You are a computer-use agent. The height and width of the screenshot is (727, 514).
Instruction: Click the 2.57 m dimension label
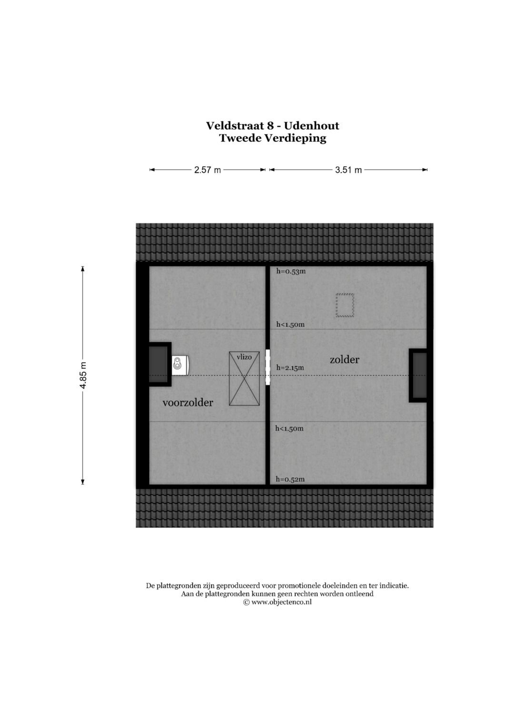(207, 170)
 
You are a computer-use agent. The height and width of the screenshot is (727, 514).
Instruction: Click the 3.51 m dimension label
(348, 170)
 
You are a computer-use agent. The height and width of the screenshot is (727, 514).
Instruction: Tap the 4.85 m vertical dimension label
(83, 375)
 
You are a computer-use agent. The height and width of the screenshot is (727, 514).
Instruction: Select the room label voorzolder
(188, 403)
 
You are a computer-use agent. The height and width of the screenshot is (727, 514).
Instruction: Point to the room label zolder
(344, 360)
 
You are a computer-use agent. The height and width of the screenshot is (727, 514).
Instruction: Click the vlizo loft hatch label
(244, 357)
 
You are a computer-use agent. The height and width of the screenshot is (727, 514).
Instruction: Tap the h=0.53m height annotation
(291, 271)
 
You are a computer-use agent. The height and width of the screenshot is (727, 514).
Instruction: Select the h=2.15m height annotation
(290, 368)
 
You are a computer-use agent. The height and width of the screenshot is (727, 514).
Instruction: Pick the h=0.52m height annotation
(290, 479)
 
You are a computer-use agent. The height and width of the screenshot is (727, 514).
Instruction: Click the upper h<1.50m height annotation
(290, 325)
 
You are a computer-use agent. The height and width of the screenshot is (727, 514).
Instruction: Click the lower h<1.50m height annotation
(289, 428)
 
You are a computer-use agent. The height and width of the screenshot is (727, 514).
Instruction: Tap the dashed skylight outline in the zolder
(345, 305)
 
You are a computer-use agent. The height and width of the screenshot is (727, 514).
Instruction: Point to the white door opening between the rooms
(267, 367)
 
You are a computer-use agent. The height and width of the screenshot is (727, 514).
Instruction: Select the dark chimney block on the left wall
(158, 364)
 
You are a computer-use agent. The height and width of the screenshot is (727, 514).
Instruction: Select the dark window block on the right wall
(419, 376)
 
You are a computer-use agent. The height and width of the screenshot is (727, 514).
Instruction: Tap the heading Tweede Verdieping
(272, 139)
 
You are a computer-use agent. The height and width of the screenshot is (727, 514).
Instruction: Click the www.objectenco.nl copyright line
(277, 602)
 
